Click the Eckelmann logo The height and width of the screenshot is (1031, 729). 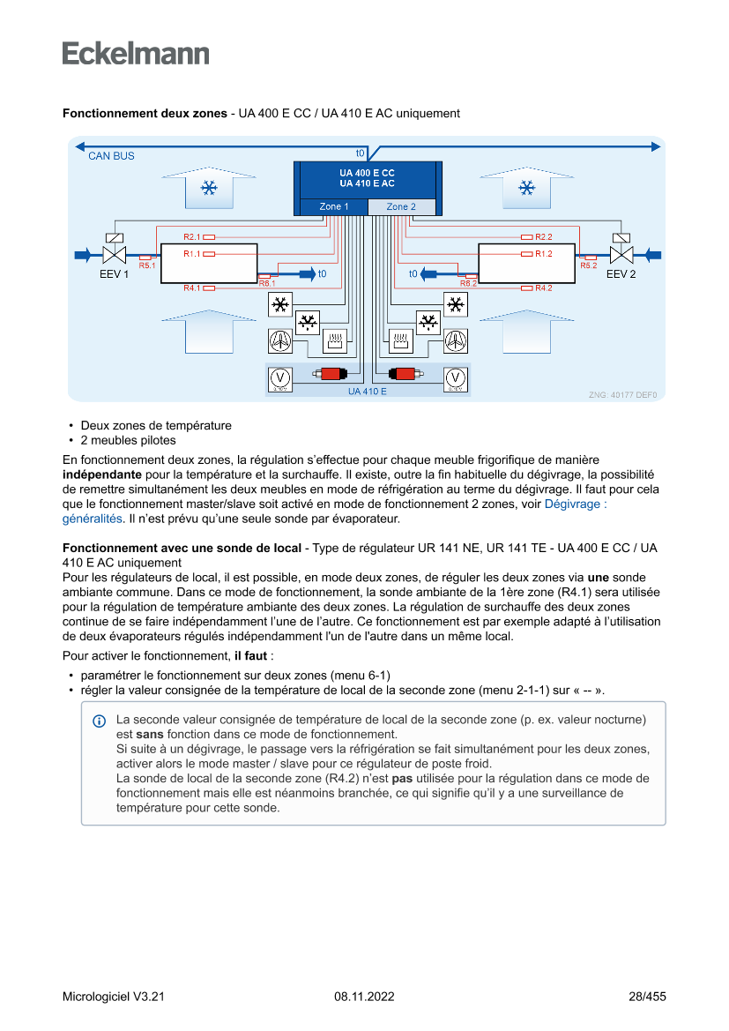(136, 54)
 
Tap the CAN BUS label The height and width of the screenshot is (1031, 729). (111, 156)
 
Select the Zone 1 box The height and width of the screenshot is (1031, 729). (333, 206)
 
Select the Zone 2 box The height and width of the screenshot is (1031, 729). (401, 206)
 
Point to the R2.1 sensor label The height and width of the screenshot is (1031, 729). (192, 237)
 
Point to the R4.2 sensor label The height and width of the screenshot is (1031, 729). (543, 288)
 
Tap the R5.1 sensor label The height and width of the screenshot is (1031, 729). (146, 265)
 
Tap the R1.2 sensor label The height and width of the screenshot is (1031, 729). (543, 254)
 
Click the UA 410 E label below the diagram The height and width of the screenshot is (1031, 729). (367, 391)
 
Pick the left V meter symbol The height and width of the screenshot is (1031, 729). (279, 377)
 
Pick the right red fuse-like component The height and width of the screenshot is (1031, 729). (402, 374)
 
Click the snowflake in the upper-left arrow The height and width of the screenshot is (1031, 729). (209, 188)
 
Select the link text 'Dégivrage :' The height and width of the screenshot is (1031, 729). (576, 504)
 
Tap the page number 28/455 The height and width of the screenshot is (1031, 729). (647, 997)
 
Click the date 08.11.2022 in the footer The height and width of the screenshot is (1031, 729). (364, 997)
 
